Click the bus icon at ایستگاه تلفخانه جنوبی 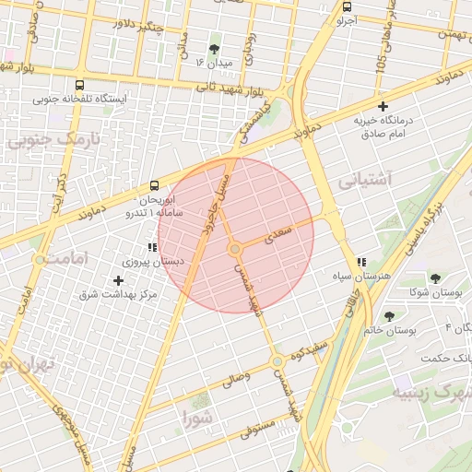pos(79,84)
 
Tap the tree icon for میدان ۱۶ pos(215,48)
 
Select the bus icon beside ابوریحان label pos(153,185)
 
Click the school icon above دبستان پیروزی pos(151,247)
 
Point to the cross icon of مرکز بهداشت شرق pos(118,279)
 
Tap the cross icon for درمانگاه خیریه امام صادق pos(383,107)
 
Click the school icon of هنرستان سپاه pos(362,262)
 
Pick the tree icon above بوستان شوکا pos(434,278)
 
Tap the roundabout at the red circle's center pos(235,249)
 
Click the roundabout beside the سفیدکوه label pos(277,362)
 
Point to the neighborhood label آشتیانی pos(366,179)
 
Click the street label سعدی pos(277,236)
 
